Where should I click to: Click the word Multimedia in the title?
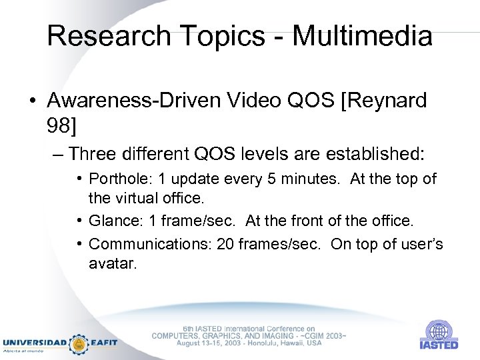point(362,36)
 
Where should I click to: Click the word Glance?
point(111,220)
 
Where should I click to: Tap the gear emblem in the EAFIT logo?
point(79,343)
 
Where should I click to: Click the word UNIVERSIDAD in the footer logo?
point(35,343)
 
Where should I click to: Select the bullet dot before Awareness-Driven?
point(32,101)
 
